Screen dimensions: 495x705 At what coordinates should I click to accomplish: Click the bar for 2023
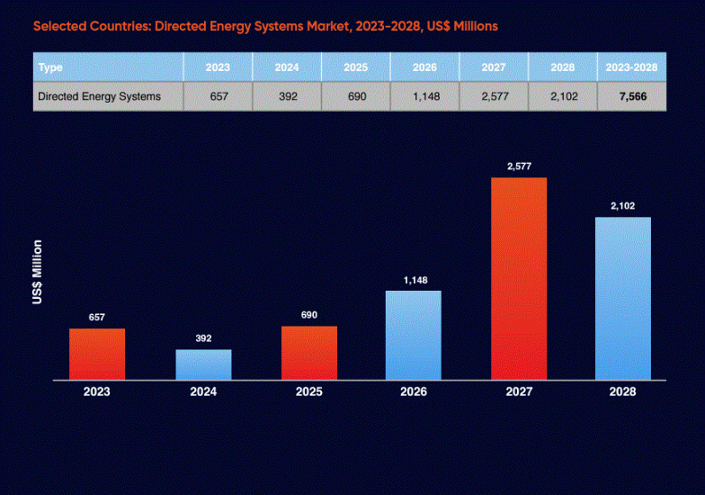pos(97,354)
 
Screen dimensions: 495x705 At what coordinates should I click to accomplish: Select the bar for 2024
pos(203,364)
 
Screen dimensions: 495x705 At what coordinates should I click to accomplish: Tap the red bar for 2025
pos(309,353)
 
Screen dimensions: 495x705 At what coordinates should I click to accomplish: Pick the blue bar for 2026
pos(414,335)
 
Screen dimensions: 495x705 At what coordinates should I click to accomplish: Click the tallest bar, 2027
pos(519,279)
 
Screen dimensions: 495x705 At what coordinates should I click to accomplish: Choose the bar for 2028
pos(623,298)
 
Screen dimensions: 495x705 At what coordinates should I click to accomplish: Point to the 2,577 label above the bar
pos(519,166)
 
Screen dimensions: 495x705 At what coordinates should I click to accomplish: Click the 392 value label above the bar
pos(203,338)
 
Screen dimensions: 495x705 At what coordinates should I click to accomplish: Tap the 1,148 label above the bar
pos(415,280)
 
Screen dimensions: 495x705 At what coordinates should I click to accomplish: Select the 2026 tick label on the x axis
pos(415,392)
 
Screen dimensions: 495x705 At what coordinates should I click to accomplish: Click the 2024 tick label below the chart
pos(203,392)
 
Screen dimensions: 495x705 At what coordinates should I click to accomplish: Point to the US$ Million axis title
pos(38,272)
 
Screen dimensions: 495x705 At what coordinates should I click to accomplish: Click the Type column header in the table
pos(51,67)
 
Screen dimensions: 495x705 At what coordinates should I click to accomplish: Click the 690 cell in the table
pos(356,96)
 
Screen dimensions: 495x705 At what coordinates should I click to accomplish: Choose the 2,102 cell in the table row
pos(563,96)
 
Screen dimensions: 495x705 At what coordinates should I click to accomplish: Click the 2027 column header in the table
pos(494,67)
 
